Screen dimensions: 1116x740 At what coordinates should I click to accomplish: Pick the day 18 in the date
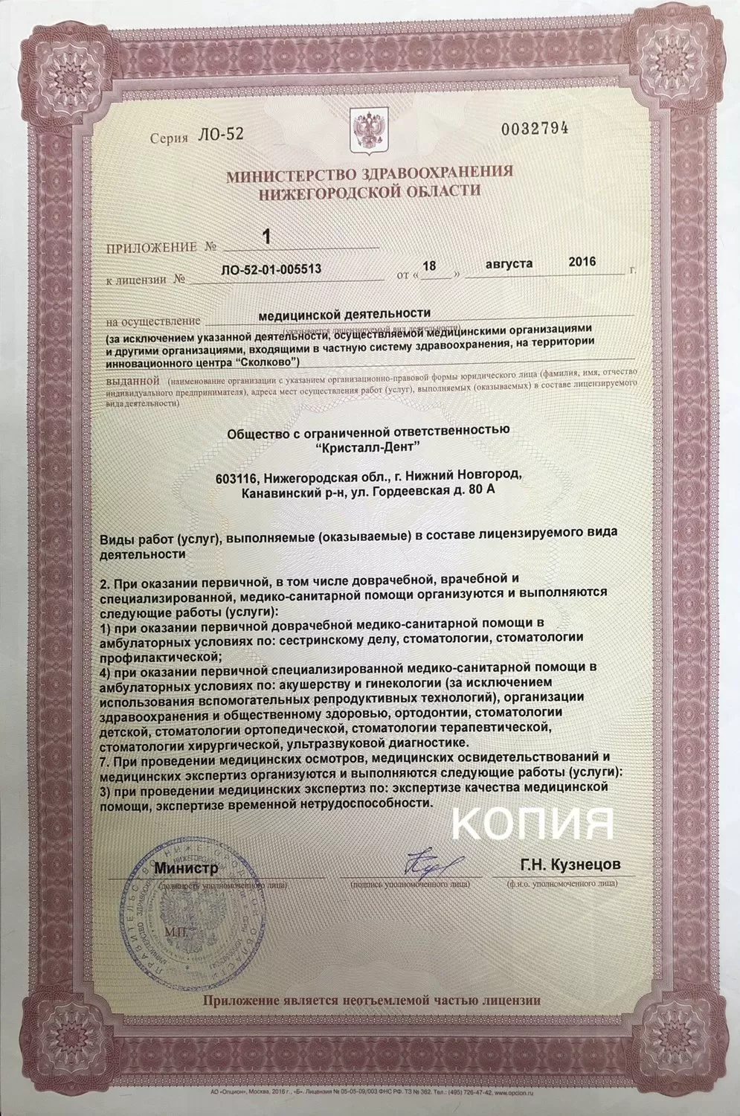tap(448, 264)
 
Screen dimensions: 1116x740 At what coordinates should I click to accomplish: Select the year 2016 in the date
tap(582, 262)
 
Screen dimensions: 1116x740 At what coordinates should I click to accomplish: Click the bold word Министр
tap(186, 868)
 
